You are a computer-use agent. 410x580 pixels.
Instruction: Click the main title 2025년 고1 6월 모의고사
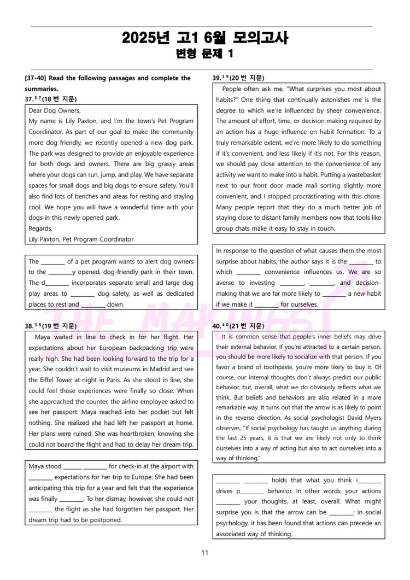point(204,38)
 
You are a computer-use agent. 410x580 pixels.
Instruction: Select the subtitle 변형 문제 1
point(204,54)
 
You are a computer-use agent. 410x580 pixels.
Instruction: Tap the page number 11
point(204,553)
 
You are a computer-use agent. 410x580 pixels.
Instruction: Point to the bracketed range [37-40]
point(37,78)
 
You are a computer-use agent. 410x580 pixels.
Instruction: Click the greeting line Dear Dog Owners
point(54,110)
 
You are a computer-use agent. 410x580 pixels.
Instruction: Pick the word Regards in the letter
point(40,229)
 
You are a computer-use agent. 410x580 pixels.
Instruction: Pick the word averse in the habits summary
point(226,283)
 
